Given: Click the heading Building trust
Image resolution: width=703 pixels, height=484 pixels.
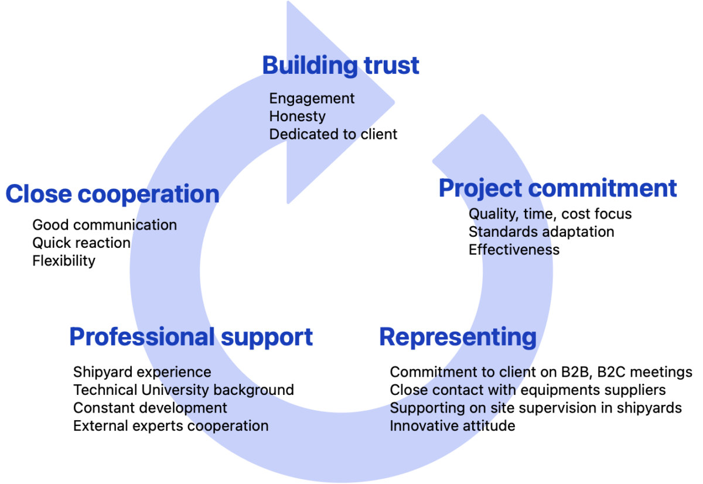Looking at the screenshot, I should pyautogui.click(x=340, y=65).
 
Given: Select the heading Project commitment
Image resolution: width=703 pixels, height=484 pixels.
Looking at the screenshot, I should pyautogui.click(x=558, y=189).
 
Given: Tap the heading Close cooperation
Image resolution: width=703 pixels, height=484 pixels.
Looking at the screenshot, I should pyautogui.click(x=112, y=195).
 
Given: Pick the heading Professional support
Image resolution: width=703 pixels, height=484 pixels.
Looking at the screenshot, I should pyautogui.click(x=191, y=337).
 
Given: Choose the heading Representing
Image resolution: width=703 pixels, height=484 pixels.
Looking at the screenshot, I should pyautogui.click(x=457, y=337).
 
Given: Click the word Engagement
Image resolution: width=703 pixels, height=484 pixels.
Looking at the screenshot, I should pyautogui.click(x=312, y=98).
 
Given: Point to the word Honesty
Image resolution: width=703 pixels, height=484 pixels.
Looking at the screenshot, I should pyautogui.click(x=297, y=117).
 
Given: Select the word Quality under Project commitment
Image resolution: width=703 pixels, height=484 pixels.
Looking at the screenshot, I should pyautogui.click(x=492, y=214).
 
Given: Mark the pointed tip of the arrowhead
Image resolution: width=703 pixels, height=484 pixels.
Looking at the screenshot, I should pyautogui.click(x=395, y=102).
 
